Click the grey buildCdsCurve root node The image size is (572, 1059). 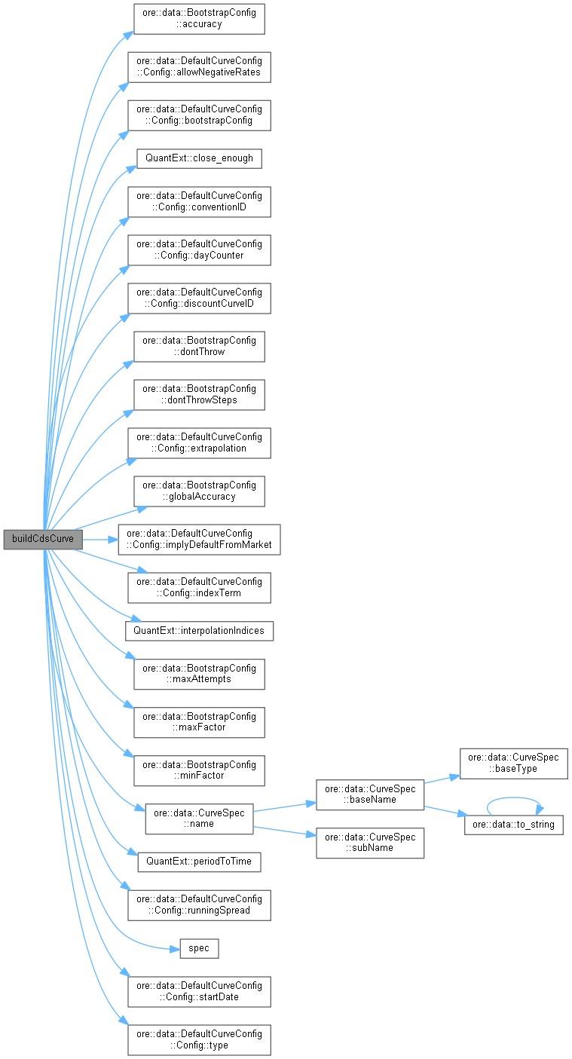tap(43, 540)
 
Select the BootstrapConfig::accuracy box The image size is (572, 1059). tap(199, 19)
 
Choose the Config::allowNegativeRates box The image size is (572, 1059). tap(199, 67)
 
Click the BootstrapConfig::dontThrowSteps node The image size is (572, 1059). tap(199, 394)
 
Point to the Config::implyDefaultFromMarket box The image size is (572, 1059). tap(199, 540)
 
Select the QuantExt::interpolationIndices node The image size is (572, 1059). tap(199, 630)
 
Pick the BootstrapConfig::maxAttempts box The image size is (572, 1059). tap(199, 674)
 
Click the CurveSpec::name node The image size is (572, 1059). tap(199, 819)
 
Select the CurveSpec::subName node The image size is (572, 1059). tap(369, 843)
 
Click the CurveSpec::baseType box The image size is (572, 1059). tap(513, 764)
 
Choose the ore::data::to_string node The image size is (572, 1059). tap(513, 825)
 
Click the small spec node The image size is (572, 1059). tap(199, 947)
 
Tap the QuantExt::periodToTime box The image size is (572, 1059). tap(199, 861)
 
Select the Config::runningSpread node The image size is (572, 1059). tap(199, 904)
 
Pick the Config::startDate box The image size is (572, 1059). tap(199, 991)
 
